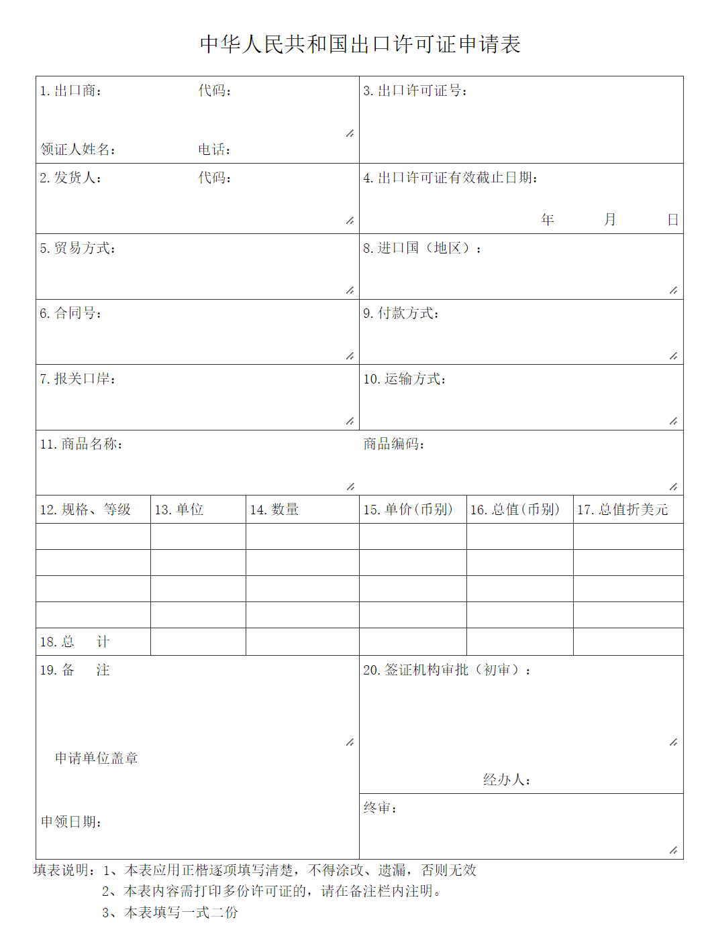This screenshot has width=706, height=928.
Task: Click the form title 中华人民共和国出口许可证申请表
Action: tap(360, 44)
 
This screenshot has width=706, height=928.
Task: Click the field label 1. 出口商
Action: tap(70, 91)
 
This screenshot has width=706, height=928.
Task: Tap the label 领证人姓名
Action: tap(77, 149)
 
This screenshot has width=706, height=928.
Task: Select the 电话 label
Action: tap(214, 149)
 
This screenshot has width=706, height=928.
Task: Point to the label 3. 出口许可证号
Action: tap(415, 91)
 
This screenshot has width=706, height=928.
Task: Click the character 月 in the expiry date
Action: tap(609, 219)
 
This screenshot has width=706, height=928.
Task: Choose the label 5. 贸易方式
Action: tap(77, 248)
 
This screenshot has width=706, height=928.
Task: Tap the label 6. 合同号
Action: tap(70, 313)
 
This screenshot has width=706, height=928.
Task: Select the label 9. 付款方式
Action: tap(401, 313)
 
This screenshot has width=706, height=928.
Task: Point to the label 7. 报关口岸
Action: tap(77, 379)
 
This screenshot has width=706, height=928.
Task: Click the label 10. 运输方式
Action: tap(405, 379)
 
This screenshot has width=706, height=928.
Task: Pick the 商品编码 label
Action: tap(393, 444)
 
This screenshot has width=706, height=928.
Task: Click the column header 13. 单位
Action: tap(179, 510)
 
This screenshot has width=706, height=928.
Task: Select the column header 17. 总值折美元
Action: tap(622, 510)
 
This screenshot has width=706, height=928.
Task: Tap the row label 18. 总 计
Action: tap(74, 642)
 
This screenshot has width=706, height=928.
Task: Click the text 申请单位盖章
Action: tap(96, 758)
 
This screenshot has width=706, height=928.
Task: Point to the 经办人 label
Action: tap(507, 779)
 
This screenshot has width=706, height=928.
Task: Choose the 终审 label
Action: tap(380, 807)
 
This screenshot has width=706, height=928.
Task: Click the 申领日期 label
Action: tap(71, 821)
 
